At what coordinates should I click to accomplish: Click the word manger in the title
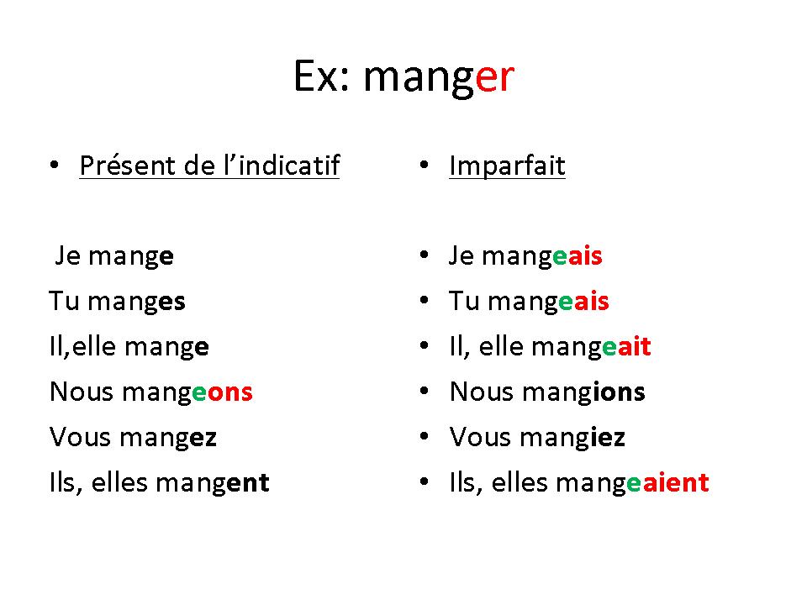pos(439,78)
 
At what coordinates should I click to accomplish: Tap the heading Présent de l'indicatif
pos(209,166)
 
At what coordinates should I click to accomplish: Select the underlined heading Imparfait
pos(507,166)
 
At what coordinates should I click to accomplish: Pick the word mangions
pos(583,393)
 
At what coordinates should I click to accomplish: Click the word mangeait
pos(591,348)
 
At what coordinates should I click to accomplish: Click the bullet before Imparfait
pos(424,166)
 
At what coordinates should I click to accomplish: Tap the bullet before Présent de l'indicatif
pos(54,166)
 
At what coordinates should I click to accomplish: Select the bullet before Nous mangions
pos(424,392)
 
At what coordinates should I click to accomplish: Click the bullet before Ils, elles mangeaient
pos(424,482)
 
